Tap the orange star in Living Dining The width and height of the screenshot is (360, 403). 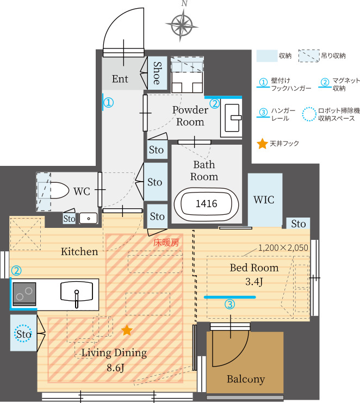coord(127,330)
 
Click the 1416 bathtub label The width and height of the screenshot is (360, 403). coord(206,203)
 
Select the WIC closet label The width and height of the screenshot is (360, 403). coord(264,200)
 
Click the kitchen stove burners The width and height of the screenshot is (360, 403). coord(24,294)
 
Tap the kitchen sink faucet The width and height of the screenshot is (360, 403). coord(77,299)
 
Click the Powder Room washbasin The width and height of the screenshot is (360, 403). coord(232,117)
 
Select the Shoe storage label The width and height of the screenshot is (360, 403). coord(157,73)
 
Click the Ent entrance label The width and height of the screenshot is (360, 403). coord(120,79)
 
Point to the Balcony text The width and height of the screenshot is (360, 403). coord(246,380)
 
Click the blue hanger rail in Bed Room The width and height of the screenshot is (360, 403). coord(229,297)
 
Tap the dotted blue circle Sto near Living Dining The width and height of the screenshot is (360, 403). coord(23,333)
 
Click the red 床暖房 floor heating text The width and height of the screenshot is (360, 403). coord(166,243)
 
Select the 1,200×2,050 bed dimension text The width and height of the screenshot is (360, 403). coord(283,247)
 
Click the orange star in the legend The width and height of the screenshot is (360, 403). coord(262,144)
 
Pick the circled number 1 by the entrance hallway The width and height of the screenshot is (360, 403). coord(108,103)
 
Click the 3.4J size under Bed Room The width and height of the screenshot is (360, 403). coord(254,282)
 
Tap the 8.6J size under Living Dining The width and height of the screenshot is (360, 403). coord(115,368)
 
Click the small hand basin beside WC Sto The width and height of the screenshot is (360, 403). coord(89,219)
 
